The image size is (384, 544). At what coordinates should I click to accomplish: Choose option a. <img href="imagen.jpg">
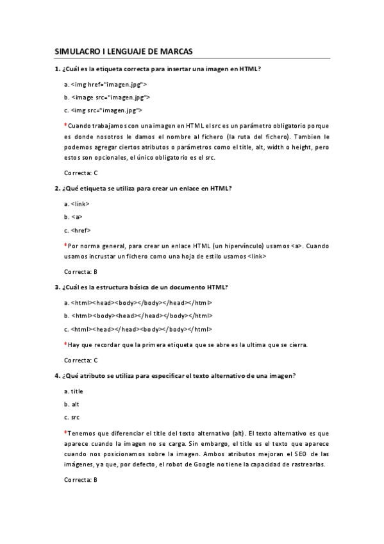[106, 84]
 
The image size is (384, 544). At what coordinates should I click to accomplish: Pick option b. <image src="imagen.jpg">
[108, 97]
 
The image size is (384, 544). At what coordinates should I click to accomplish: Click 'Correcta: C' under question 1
[81, 173]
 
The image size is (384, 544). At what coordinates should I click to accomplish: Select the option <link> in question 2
[77, 204]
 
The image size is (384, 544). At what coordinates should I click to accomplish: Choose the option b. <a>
[73, 217]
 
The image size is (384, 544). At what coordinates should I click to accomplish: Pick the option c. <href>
[78, 230]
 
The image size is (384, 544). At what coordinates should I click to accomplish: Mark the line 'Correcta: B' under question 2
[81, 271]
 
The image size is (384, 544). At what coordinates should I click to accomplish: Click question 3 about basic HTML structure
[141, 287]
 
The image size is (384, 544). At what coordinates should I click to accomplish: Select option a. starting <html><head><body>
[138, 302]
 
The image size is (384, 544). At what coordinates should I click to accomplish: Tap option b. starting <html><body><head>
[138, 316]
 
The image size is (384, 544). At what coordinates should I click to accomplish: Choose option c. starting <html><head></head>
[138, 329]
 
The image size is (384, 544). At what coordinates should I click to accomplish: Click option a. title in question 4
[74, 391]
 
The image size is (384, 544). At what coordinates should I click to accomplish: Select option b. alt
[72, 404]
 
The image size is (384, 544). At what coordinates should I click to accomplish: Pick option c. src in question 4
[72, 418]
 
